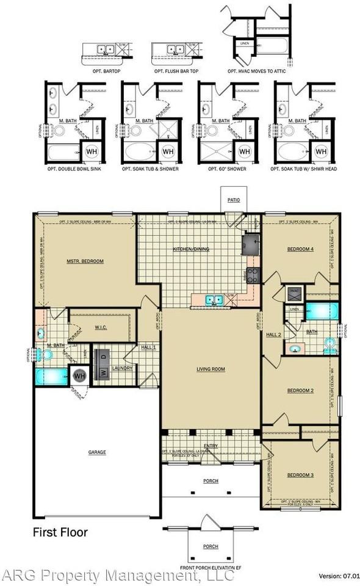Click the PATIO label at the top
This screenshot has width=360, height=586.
[234, 200]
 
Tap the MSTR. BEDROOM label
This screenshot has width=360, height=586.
[85, 261]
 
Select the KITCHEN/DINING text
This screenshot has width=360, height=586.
[187, 250]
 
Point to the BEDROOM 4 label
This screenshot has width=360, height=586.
[300, 249]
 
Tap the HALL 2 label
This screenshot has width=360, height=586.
[273, 334]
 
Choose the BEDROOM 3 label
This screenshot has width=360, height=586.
[300, 475]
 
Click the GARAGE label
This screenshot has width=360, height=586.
[97, 452]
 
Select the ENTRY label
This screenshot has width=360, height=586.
[211, 446]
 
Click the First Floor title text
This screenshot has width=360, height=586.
[60, 532]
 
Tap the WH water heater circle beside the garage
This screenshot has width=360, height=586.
[79, 376]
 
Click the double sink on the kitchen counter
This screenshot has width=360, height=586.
[214, 300]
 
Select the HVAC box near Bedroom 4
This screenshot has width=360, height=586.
[294, 292]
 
